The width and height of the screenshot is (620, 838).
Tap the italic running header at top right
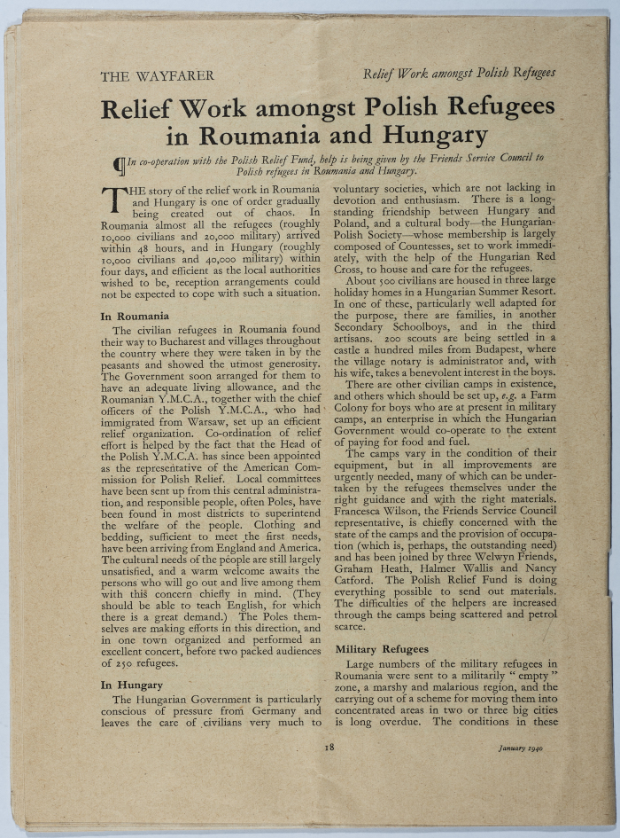coord(459,73)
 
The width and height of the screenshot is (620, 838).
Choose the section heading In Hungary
coord(131,685)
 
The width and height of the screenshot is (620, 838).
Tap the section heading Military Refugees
coord(382,649)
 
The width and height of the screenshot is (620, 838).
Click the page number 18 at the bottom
coord(329,747)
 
